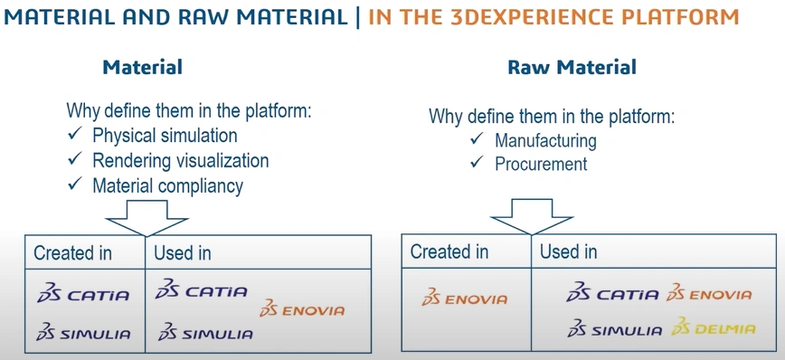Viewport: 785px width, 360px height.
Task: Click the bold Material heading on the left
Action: click(x=143, y=67)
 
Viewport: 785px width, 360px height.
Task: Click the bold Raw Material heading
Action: click(x=572, y=67)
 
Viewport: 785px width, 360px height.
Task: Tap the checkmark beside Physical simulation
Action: click(x=74, y=134)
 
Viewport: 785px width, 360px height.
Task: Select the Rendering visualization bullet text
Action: click(x=181, y=160)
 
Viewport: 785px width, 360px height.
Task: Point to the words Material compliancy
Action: click(x=167, y=185)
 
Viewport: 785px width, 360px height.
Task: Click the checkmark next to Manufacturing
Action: click(x=478, y=138)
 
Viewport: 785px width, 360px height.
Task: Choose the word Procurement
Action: click(x=541, y=165)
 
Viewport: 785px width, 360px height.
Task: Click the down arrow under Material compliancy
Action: click(x=147, y=218)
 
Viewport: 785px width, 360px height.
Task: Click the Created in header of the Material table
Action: click(x=72, y=253)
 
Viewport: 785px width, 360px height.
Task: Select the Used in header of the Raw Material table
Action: click(x=568, y=251)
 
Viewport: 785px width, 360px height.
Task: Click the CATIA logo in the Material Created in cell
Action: click(x=83, y=293)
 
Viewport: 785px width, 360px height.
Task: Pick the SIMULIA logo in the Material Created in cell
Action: click(x=83, y=333)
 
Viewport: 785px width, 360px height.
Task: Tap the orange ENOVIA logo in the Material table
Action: click(x=302, y=309)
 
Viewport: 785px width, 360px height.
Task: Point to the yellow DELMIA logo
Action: click(x=714, y=327)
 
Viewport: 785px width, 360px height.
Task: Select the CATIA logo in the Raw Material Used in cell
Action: click(x=612, y=292)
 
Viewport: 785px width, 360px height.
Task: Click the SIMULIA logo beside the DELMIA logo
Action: click(x=615, y=328)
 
